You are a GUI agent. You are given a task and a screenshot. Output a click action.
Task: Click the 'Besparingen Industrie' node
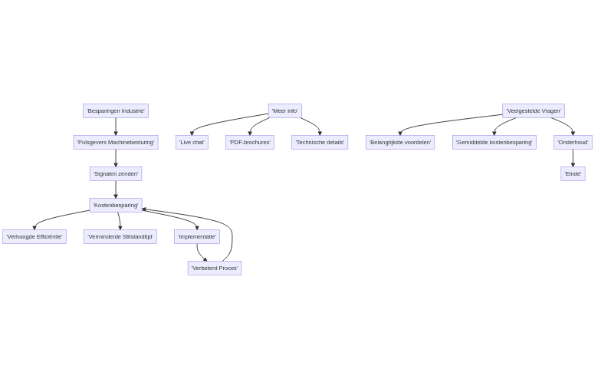pos(115,110)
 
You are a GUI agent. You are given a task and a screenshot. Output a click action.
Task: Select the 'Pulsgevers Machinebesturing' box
pos(115,142)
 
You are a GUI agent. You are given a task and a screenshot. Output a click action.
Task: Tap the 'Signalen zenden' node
pos(115,173)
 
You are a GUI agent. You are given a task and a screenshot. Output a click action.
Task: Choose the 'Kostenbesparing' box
pos(115,205)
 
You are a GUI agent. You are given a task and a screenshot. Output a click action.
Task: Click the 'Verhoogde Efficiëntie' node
pos(34,236)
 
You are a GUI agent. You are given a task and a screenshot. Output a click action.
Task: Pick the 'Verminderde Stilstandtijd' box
pos(120,236)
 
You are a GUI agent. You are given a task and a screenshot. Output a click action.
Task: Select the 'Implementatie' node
pos(196,236)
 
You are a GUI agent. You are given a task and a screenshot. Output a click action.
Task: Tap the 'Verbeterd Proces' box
pos(214,268)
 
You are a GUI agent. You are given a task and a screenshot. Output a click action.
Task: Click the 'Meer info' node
pos(284,110)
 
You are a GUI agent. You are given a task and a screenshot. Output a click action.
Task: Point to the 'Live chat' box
pos(192,142)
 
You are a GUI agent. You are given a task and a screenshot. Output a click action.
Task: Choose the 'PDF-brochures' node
pos(249,142)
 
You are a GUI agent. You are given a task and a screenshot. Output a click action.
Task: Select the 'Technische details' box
pos(320,142)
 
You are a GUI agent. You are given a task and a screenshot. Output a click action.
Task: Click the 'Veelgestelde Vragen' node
pos(533,110)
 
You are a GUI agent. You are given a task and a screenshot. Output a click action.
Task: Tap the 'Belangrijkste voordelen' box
pos(399,142)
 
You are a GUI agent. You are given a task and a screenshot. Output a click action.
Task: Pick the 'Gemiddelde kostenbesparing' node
pos(494,142)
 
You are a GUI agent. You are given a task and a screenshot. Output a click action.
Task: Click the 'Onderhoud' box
pos(573,142)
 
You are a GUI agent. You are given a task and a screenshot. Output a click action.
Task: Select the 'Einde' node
pos(573,173)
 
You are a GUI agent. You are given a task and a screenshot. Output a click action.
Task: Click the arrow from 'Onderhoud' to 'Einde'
pos(573,158)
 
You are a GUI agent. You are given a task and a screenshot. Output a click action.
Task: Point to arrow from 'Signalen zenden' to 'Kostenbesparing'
pos(116,189)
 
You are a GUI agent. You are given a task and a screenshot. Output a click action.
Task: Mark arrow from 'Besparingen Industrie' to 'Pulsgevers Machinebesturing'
pos(116,127)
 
